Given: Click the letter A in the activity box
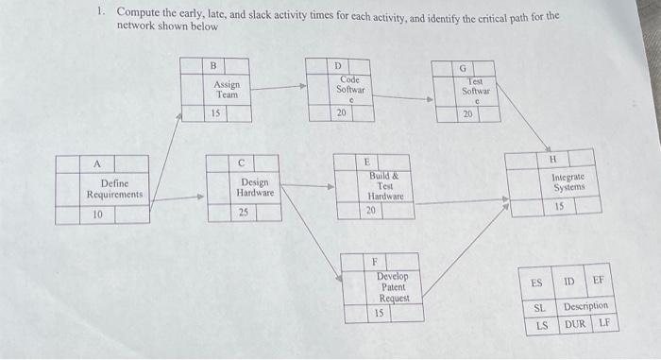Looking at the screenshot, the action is coord(97,163).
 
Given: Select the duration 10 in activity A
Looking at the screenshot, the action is coord(97,214).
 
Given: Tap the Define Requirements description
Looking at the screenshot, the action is coord(114,189).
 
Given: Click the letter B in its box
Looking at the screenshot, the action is coord(213,65).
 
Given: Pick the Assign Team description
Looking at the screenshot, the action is coord(227,90).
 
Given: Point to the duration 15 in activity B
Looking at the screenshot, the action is coord(216,113).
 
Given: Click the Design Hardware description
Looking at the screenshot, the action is coord(254,187).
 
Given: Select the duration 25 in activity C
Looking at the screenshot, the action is coord(244,213).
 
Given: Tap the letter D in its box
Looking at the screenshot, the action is coord(338,64).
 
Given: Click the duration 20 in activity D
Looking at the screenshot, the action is coord(342,112).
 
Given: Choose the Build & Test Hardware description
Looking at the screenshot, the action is coord(384,185).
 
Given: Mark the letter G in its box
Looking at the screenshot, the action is coord(463,68).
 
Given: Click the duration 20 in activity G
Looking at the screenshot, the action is coord(466,114).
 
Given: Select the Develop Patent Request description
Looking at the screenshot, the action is coord(393,286).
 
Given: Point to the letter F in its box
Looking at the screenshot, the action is coord(374,261).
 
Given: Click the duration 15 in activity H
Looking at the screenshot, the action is coord(559,206).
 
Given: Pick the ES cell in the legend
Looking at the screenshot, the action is coord(535,283).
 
